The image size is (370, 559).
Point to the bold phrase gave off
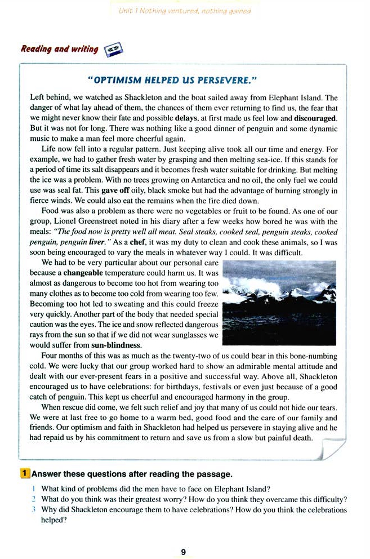coord(122,190)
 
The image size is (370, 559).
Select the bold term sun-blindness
coord(117,345)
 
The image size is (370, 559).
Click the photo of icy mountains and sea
coord(279,303)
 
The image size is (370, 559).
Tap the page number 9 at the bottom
coord(184,552)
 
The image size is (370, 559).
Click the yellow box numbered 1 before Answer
coord(25,474)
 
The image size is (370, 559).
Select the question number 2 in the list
coord(34,499)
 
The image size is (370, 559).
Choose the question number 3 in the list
coord(34,510)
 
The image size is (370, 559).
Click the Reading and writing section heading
coord(59,49)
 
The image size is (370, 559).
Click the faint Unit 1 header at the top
coord(185,11)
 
